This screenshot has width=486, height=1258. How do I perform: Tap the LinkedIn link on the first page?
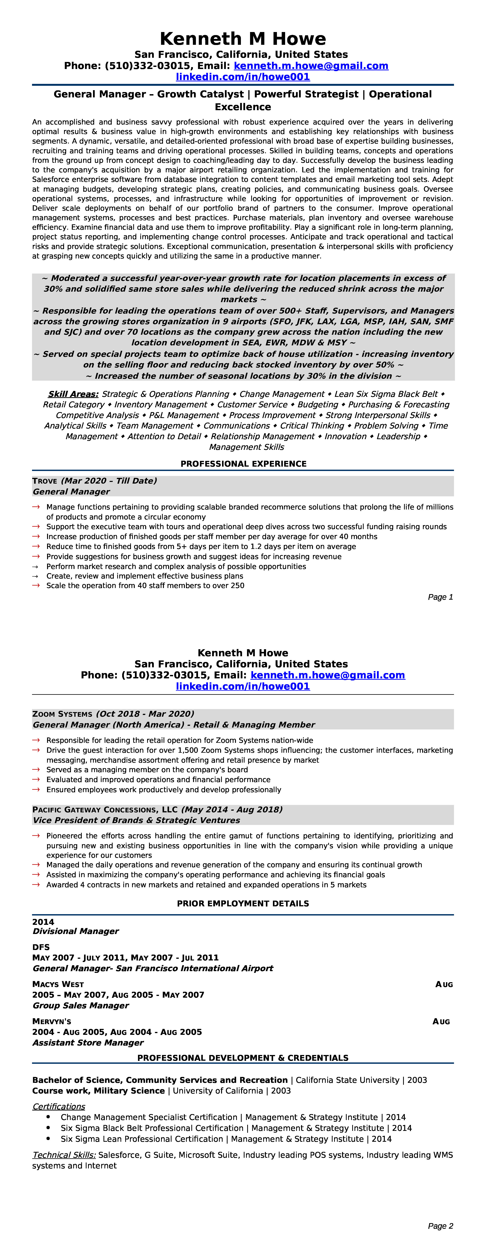pyautogui.click(x=243, y=77)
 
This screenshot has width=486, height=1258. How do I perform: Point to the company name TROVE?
pyautogui.click(x=44, y=481)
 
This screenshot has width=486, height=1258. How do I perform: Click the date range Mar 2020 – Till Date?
pyautogui.click(x=109, y=481)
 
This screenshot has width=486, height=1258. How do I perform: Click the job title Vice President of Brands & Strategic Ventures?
pyautogui.click(x=136, y=820)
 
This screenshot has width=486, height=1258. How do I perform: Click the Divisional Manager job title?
pyautogui.click(x=76, y=931)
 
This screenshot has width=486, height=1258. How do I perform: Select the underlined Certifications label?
pyautogui.click(x=59, y=1107)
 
